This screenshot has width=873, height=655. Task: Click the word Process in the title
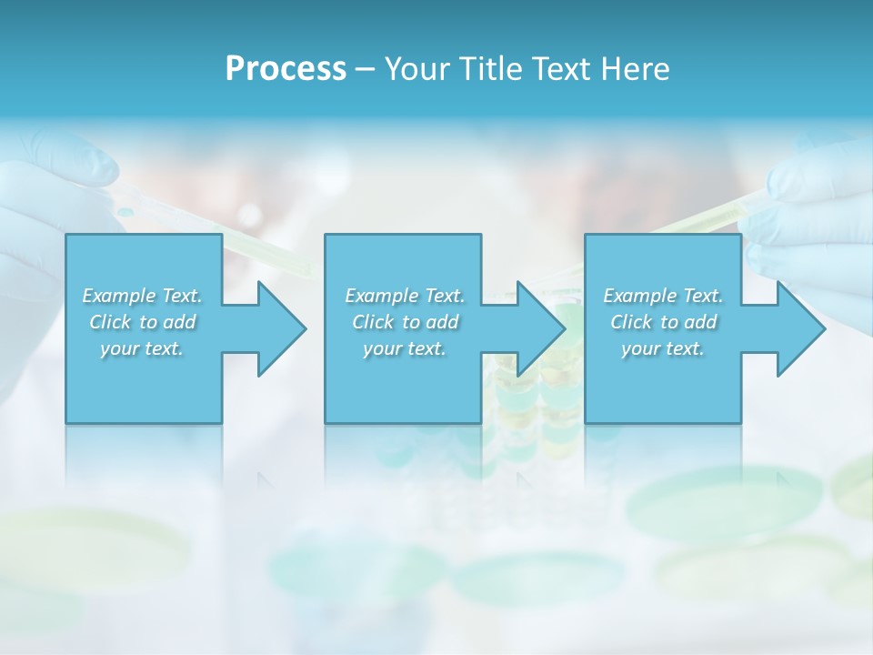(286, 69)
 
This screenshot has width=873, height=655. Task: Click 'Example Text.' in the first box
(143, 296)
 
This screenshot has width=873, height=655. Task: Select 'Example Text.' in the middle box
(405, 296)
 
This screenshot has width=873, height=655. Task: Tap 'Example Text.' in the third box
(663, 296)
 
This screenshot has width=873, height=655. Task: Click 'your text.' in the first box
(142, 348)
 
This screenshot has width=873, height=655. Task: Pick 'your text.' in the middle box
(404, 348)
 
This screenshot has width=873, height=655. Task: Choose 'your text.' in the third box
(663, 348)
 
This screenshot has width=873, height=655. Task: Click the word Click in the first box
(111, 322)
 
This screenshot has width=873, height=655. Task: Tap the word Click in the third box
(632, 322)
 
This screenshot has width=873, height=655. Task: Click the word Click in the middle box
(374, 322)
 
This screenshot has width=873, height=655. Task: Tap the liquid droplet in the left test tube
(126, 212)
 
